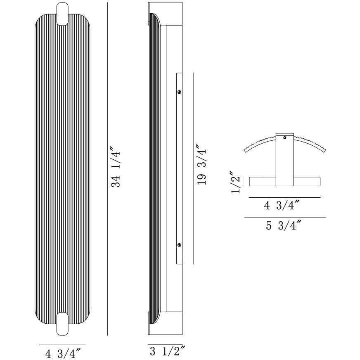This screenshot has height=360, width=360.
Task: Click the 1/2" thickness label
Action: point(236,182)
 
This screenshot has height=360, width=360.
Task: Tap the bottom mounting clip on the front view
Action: point(63,324)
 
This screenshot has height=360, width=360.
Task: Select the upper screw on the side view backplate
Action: point(179,92)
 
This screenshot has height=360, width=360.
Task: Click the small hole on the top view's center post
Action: point(284,138)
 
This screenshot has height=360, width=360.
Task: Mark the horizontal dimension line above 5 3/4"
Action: point(285,217)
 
